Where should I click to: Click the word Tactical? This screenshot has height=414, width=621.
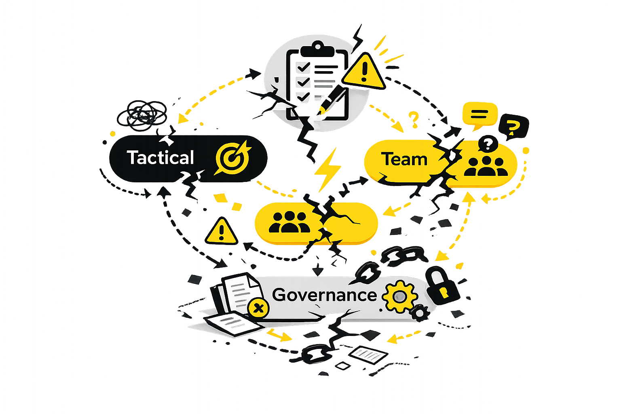pos(161,158)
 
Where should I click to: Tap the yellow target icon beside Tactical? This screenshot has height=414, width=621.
pos(233,158)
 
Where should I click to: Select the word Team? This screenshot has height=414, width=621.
pos(404,159)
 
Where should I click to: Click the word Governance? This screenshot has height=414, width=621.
pos(324,295)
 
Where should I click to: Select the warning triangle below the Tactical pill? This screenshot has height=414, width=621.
pos(221,232)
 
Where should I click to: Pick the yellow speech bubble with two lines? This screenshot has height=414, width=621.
pos(479,114)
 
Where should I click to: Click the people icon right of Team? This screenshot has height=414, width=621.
pos(486,166)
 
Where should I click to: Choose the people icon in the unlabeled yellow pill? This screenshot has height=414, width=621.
pos(289,222)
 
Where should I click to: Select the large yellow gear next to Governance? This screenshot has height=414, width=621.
pos(400,296)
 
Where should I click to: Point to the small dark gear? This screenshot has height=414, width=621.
pos(421,312)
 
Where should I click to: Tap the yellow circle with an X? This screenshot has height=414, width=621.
pos(258,309)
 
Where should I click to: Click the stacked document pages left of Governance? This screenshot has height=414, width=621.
pos(237,293)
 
